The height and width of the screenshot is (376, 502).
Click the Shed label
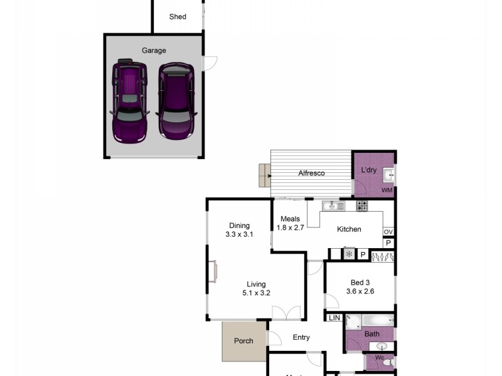178,17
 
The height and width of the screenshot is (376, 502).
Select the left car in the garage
129,100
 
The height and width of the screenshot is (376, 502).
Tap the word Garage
154,51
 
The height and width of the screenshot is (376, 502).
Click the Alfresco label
311,174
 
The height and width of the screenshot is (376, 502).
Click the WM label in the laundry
387,189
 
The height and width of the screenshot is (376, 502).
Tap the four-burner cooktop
362,206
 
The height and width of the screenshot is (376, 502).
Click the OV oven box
388,232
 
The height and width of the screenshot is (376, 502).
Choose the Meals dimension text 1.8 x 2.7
290,227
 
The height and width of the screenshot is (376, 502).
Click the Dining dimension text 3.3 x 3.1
238,234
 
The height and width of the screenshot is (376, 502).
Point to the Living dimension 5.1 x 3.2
256,292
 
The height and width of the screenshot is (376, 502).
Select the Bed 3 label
360,281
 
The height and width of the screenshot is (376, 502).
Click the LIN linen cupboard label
334,318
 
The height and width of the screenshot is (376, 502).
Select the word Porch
243,341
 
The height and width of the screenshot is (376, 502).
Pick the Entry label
301,337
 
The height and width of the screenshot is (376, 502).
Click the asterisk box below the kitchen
349,254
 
